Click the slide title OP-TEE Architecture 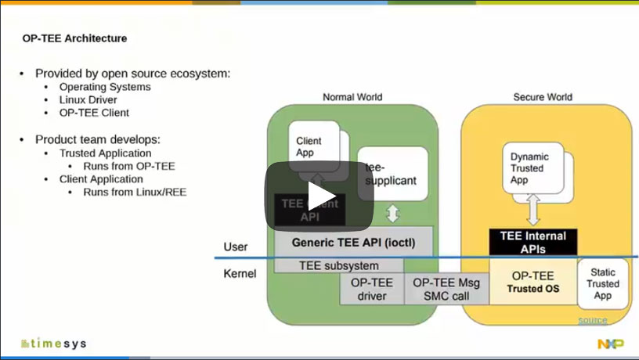(x=74, y=38)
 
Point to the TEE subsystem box (x=338, y=265)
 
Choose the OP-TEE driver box (x=371, y=289)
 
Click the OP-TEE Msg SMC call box (x=446, y=289)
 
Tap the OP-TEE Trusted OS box (x=532, y=282)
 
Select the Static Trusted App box (x=603, y=283)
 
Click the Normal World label (x=352, y=97)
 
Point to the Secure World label (x=543, y=97)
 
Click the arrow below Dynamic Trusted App (x=532, y=210)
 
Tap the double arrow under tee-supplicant (x=393, y=213)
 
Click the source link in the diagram (x=592, y=320)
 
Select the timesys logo (x=55, y=344)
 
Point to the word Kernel (x=240, y=274)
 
